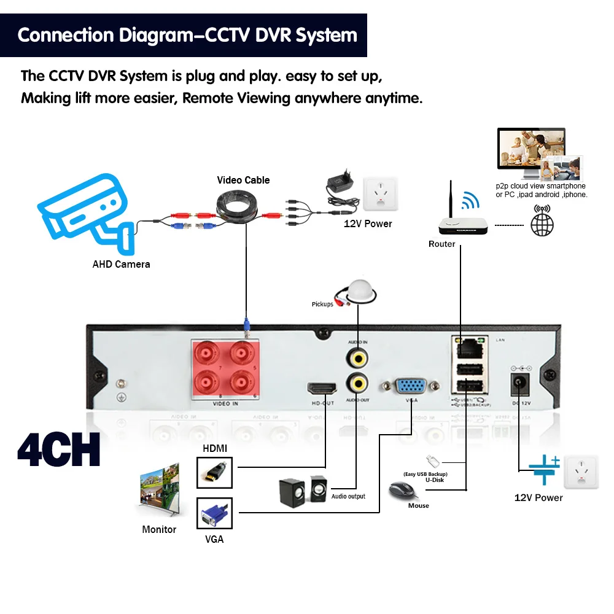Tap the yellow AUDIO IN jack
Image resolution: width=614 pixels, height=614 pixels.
click(357, 356)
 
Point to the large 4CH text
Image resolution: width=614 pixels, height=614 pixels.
click(59, 451)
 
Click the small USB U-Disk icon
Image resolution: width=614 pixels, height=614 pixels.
click(432, 461)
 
